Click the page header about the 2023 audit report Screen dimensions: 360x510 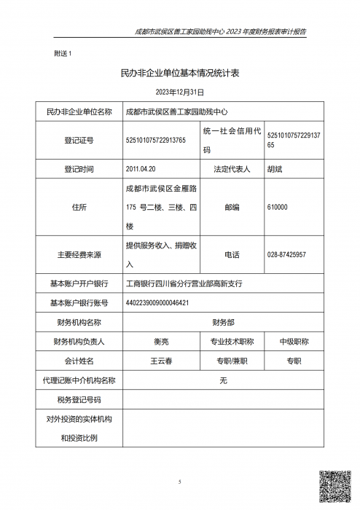[x=221, y=32]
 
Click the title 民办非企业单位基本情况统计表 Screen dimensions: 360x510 [x=179, y=74]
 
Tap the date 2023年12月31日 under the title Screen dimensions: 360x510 [x=180, y=93]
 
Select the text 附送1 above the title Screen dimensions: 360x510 [x=63, y=54]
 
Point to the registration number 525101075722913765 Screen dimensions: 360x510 [x=155, y=140]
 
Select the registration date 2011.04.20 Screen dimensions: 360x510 [x=141, y=169]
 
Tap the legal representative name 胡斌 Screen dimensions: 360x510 [x=275, y=169]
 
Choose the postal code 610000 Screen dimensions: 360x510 [x=278, y=208]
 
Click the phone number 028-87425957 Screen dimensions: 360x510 [x=286, y=254]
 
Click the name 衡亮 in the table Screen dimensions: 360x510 [x=161, y=341]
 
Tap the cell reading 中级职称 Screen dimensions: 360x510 [x=294, y=341]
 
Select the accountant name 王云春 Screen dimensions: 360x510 [x=161, y=361]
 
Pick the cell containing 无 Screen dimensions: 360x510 [x=223, y=380]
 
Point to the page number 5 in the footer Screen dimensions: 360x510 [x=179, y=482]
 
